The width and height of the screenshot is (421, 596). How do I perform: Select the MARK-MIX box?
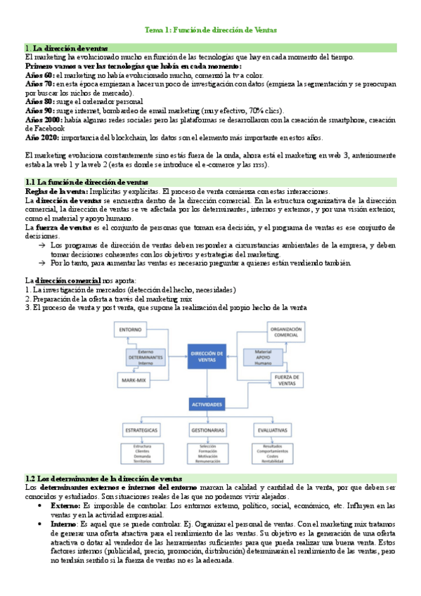[134, 380]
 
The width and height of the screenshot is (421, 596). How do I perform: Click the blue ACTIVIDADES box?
[210, 406]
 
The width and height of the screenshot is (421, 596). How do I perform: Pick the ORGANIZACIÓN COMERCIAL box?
[287, 332]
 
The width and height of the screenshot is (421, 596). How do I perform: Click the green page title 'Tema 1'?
[210, 30]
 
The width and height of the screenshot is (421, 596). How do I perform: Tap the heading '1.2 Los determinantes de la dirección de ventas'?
[103, 479]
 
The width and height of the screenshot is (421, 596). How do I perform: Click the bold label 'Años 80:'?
[38, 101]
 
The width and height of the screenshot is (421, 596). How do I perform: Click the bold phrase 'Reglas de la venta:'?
[56, 190]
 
